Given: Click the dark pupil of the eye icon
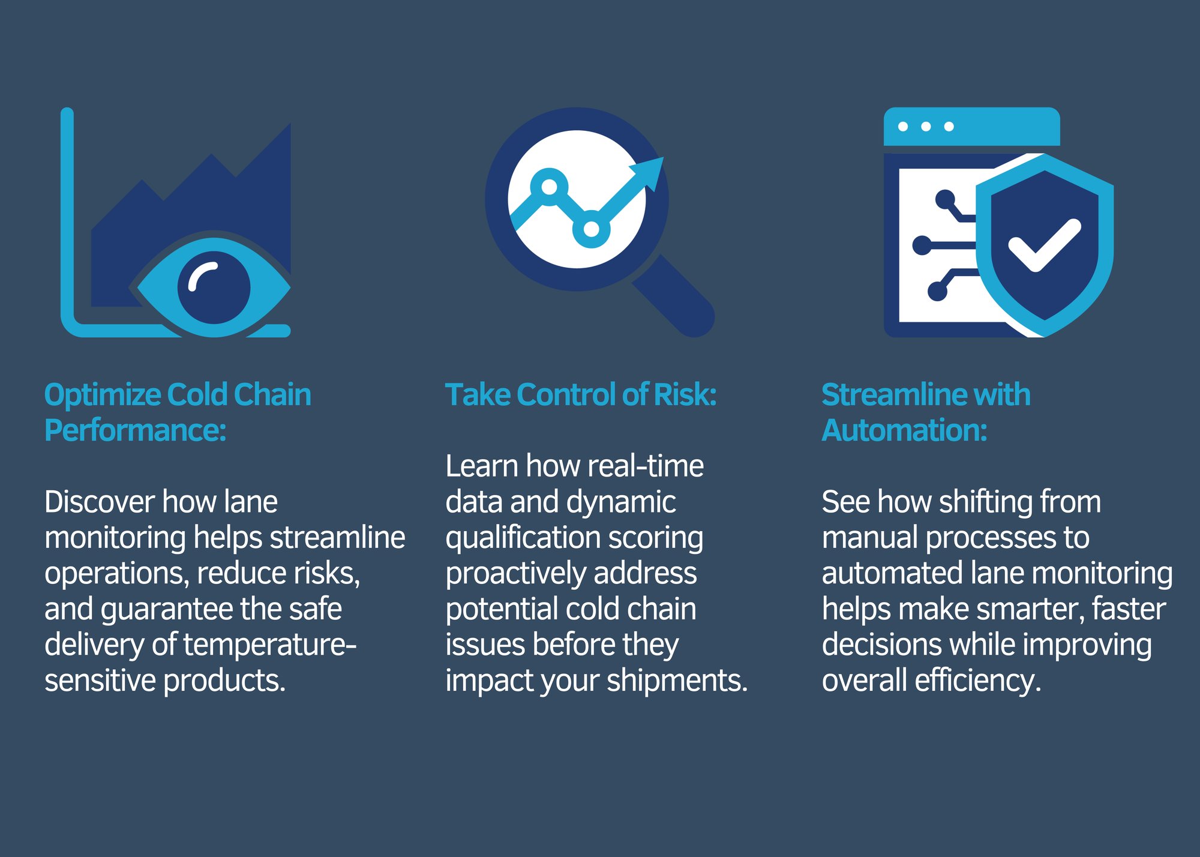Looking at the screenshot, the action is click(214, 287).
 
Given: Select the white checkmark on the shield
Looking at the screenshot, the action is click(1045, 245).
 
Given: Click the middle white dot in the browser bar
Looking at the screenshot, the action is click(926, 127).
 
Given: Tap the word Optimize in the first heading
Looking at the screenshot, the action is click(103, 395).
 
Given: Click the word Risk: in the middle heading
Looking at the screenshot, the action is click(685, 395).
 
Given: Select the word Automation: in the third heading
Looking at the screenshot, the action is click(904, 430).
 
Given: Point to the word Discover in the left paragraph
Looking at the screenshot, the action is click(100, 502).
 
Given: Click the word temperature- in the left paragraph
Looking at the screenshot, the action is click(270, 645).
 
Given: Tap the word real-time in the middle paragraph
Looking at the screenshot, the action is click(646, 466).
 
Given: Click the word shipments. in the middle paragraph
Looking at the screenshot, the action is click(677, 681).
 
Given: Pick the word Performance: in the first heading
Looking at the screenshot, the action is click(136, 431).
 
